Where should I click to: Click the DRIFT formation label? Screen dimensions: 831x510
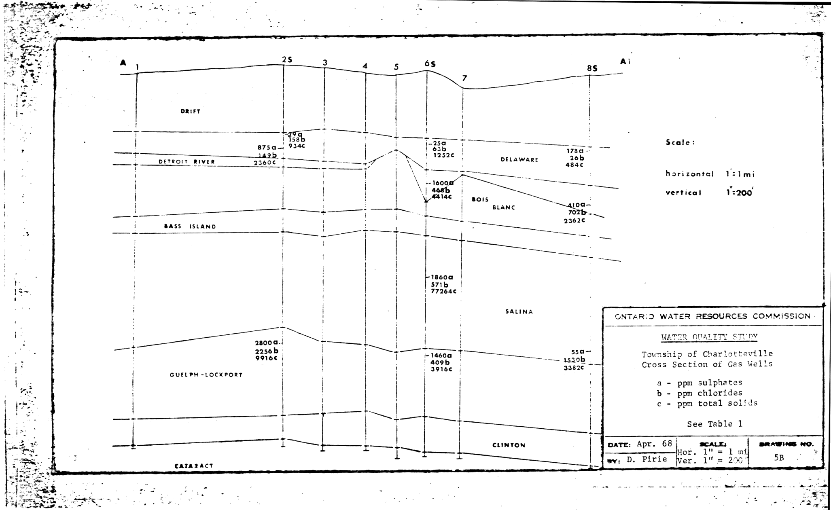coord(190,111)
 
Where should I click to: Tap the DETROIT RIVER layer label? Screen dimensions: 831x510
coord(187,162)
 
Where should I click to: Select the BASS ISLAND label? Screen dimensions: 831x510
coord(190,226)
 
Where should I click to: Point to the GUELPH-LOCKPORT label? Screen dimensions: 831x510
coord(206,375)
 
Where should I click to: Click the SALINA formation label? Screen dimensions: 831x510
coord(519,311)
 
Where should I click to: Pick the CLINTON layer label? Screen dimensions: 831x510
coord(509,445)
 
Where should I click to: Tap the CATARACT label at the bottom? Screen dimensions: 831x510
coord(194,466)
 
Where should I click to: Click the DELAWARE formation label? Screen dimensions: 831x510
coord(519,159)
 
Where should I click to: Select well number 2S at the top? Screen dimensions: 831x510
coord(287,60)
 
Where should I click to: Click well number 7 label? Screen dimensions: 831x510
coord(464,78)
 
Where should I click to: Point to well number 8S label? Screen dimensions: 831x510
coord(592,69)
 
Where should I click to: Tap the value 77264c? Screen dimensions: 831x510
coord(443,291)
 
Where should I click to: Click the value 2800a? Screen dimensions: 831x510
coord(266,343)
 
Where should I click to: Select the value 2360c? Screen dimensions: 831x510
coord(265,163)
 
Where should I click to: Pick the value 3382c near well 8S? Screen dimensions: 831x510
coord(574,368)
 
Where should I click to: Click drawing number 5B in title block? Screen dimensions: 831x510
coord(779,458)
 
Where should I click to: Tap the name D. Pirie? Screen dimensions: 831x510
coord(647,459)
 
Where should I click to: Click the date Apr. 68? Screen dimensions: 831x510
coord(654,444)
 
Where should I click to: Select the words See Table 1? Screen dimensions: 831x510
coord(714,424)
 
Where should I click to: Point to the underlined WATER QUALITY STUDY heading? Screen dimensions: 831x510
coord(709,337)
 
